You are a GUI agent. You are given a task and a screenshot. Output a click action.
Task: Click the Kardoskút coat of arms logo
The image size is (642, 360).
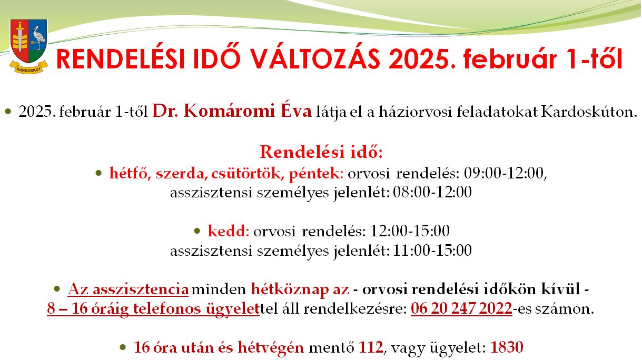tap(28, 46)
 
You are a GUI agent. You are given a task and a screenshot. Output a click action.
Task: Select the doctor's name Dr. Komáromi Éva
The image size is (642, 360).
tap(232, 111)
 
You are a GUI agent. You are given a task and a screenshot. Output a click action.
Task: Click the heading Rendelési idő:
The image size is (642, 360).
tap(321, 152)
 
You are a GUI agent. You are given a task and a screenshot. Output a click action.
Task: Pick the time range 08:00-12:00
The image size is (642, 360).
tap(432, 192)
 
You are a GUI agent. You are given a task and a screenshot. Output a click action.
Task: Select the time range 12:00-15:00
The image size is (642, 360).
tap(410, 231)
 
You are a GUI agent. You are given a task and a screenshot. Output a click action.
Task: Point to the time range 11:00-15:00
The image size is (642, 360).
tap(432, 251)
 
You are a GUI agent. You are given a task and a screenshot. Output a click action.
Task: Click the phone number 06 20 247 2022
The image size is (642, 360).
tap(461, 308)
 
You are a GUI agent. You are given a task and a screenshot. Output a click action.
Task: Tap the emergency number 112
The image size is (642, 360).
tap(371, 347)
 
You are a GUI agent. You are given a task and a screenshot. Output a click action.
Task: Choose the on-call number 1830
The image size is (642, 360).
tap(507, 347)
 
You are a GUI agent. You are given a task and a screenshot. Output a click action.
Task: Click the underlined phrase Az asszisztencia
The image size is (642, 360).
tap(128, 289)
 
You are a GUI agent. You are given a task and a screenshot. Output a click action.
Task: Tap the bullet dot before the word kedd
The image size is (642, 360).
tap(197, 231)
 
